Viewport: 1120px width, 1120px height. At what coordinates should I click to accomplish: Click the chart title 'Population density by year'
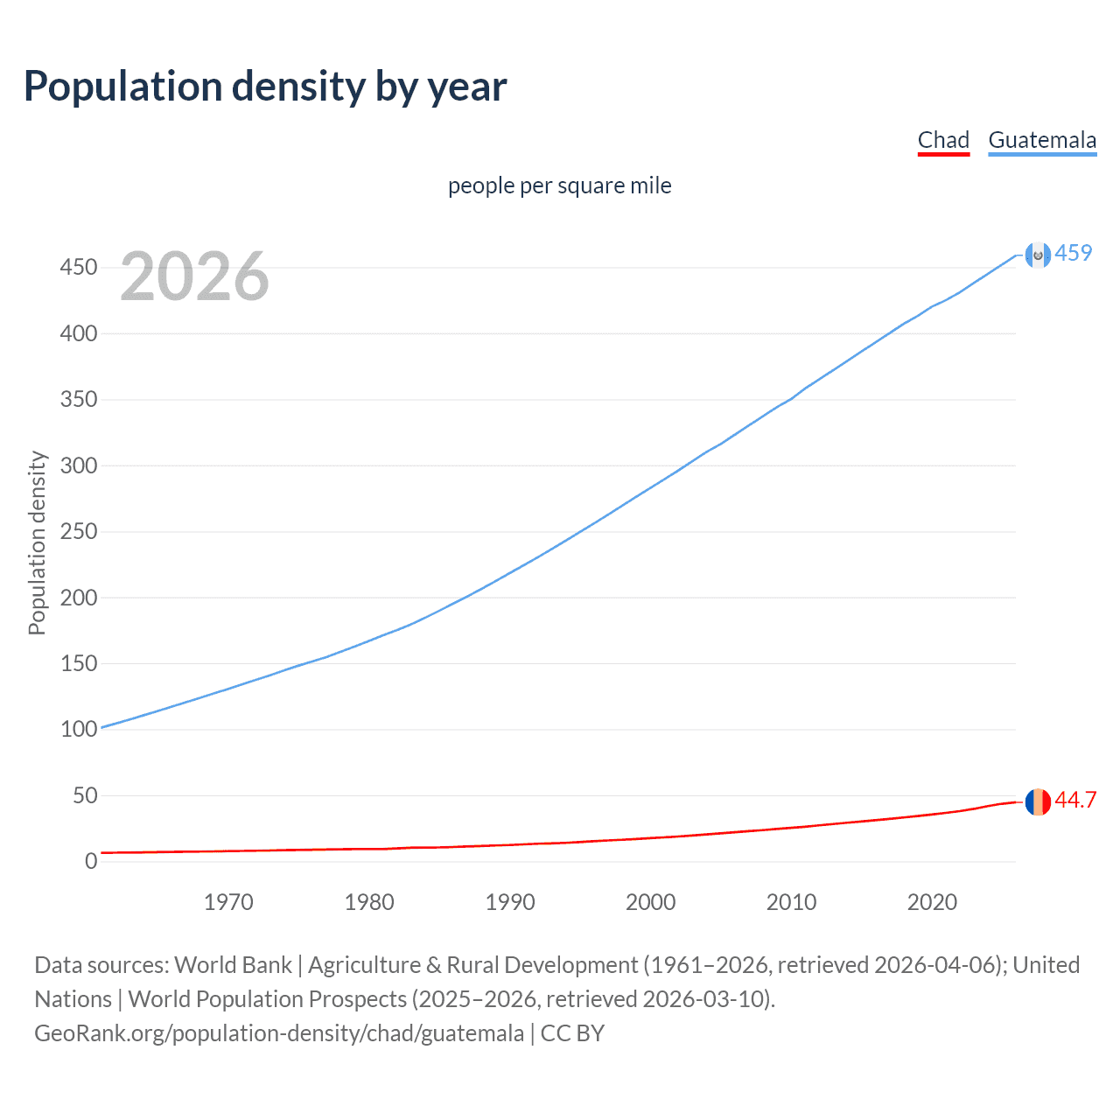point(265,87)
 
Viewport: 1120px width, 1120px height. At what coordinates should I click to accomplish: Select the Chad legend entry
point(943,140)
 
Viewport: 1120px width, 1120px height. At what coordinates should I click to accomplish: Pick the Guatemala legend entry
point(1042,140)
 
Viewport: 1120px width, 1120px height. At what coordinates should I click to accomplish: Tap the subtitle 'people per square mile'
point(560,185)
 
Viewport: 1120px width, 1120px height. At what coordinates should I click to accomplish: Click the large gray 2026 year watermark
point(194,276)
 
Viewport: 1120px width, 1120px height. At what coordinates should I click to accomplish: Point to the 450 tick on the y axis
point(79,268)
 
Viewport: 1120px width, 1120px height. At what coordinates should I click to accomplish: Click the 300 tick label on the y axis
point(79,465)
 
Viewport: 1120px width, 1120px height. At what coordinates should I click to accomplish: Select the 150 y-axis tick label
point(79,663)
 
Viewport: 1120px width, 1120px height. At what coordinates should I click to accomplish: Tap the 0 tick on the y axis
point(91,862)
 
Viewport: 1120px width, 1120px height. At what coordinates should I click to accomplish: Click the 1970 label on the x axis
point(228,902)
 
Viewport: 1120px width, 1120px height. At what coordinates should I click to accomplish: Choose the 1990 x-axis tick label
point(510,902)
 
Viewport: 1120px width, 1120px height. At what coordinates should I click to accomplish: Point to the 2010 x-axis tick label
point(791,902)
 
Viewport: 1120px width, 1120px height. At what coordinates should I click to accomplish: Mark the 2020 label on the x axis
point(932,902)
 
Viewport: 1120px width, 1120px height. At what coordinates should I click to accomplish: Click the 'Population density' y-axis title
point(37,542)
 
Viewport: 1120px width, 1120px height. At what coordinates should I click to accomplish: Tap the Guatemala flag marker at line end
point(1038,255)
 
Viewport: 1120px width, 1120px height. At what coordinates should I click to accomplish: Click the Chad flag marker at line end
point(1038,801)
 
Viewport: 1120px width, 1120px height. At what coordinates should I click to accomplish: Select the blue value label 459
point(1074,253)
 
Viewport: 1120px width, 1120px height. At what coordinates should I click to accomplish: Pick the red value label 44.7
point(1075,801)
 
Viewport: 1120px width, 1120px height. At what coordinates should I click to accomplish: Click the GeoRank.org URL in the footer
point(279,1033)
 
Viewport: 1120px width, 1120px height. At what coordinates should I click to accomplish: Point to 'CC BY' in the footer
point(572,1033)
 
